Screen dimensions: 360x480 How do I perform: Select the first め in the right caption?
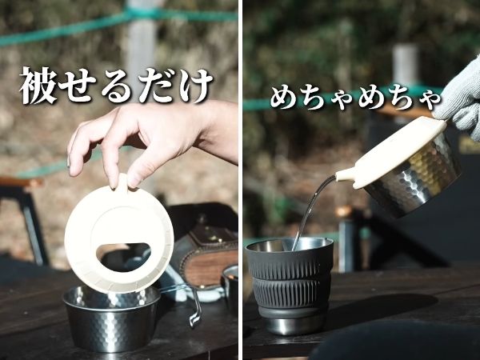[x=286, y=98]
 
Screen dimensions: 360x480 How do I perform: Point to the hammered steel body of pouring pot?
[x=424, y=180]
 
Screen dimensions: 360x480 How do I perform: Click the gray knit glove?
[x=459, y=100]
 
